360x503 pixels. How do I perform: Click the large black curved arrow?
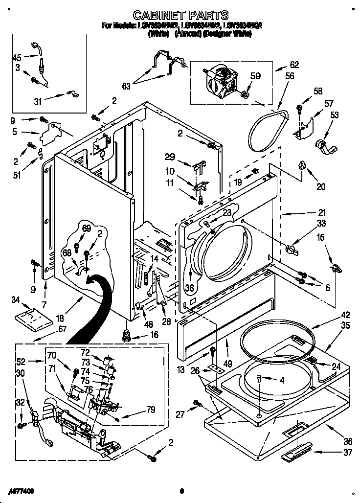point(92,309)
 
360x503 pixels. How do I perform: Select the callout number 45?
point(17,57)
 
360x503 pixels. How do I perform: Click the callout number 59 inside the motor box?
point(255,76)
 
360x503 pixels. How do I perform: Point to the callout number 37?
point(348,452)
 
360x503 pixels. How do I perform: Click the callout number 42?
point(345,315)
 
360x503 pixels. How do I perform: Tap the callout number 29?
point(169,157)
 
